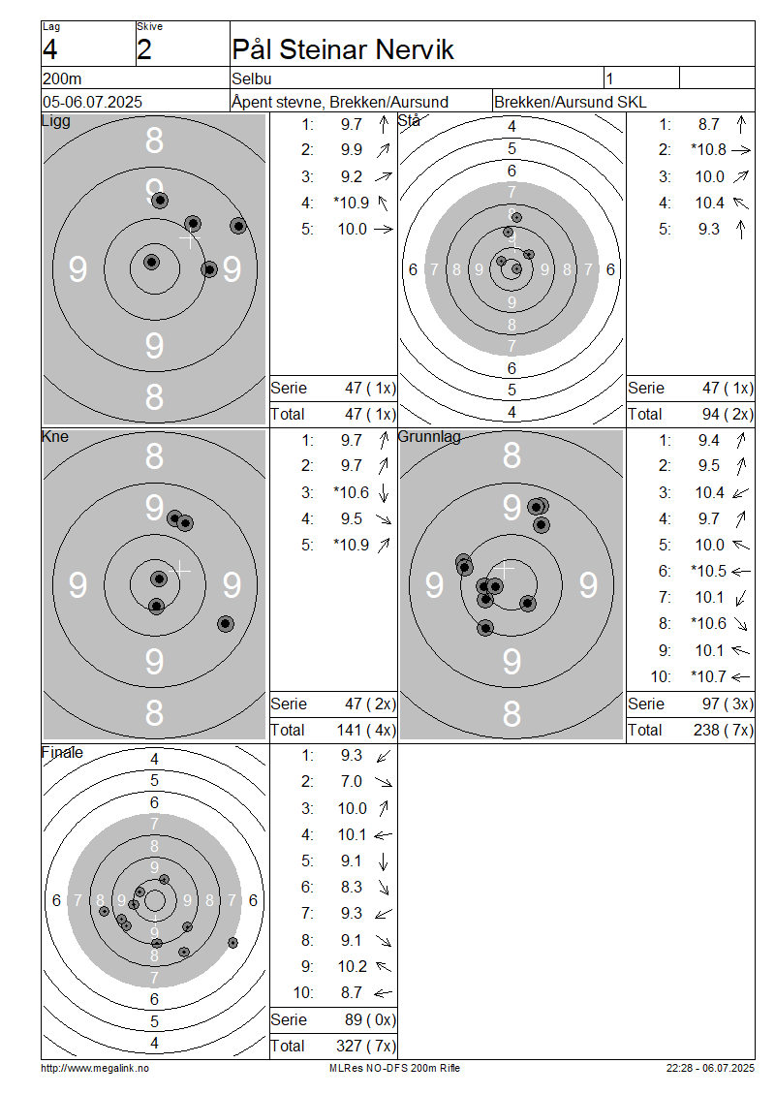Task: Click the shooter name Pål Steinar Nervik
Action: coord(343,49)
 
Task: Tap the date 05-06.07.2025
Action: coord(92,102)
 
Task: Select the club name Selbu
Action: coord(251,78)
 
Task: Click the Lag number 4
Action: coord(50,49)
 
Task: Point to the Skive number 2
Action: coord(143,49)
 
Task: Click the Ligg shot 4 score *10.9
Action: coord(352,203)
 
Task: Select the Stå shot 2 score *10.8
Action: coord(709,149)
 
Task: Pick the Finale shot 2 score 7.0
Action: coord(352,781)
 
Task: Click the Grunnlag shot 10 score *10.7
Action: coord(709,676)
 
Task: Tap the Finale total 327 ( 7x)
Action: coord(366,1046)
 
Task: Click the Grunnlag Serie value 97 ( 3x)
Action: coord(728,704)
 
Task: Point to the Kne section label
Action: coord(55,436)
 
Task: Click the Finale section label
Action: coord(62,752)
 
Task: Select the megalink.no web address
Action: coord(95,1068)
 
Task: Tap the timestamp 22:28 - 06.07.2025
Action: coord(710,1068)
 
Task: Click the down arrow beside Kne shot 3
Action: coord(384,493)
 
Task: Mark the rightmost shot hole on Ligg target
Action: coord(238,226)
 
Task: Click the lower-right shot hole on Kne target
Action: coord(225,624)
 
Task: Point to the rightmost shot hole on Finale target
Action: coord(232,943)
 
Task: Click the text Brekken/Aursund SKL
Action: coord(570,102)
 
